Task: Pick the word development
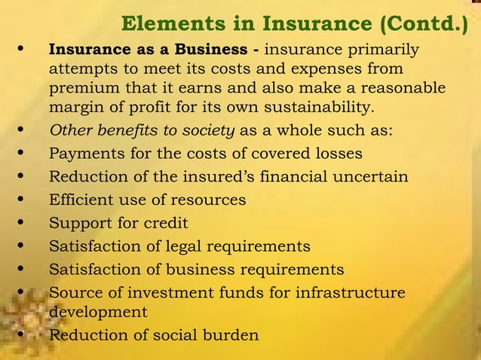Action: (98, 311)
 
